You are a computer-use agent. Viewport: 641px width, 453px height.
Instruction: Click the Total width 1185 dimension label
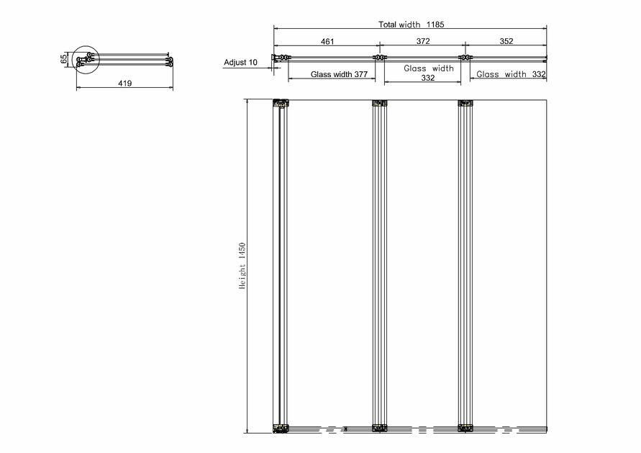[x=411, y=24]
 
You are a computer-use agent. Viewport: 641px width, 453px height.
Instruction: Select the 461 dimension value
[x=327, y=41]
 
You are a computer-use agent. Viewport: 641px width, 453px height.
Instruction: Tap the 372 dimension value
[x=423, y=41]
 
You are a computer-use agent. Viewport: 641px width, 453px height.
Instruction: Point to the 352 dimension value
[x=506, y=41]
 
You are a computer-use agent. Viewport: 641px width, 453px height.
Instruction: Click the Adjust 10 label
[x=240, y=62]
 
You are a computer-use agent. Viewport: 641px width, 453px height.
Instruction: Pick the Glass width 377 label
[x=339, y=74]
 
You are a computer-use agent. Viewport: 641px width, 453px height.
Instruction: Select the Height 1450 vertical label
[x=242, y=266]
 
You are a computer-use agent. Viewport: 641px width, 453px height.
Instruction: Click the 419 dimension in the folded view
[x=125, y=83]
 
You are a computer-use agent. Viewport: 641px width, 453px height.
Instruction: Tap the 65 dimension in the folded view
[x=64, y=59]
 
